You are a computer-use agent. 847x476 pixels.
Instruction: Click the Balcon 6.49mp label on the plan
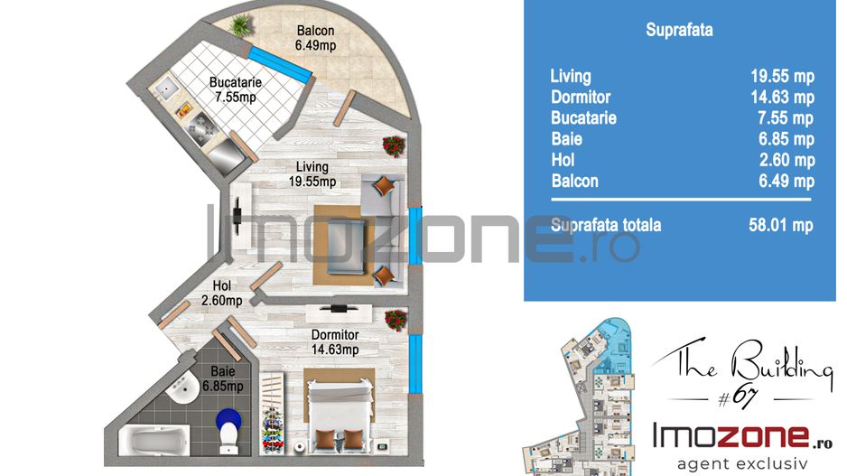coord(315,38)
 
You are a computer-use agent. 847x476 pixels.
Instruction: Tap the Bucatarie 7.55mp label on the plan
coord(236,89)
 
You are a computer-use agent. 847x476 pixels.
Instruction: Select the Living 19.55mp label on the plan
coord(312,174)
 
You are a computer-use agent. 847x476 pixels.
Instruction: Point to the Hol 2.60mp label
coord(221,293)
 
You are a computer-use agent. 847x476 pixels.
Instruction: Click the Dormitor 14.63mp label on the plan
coord(335,342)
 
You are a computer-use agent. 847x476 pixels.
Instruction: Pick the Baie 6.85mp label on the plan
coord(222,378)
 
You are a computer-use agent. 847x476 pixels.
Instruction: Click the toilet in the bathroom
coord(229,431)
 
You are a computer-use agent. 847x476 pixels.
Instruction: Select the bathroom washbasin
coord(182,387)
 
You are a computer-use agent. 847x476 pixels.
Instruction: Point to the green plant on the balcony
coord(240,25)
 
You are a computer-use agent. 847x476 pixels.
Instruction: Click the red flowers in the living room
coord(394,146)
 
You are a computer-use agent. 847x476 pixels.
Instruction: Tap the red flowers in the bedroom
coord(396,321)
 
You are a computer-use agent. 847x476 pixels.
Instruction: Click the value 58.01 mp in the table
coord(781,225)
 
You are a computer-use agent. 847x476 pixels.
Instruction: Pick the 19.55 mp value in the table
coord(783,76)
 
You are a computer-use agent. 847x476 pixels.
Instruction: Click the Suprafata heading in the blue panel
coord(679,30)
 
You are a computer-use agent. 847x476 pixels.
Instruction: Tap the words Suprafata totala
coord(606,225)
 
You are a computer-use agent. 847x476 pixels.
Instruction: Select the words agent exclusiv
coord(742,463)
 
